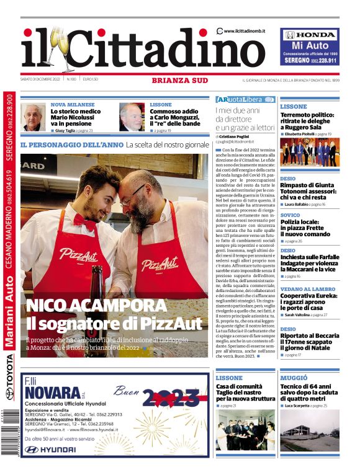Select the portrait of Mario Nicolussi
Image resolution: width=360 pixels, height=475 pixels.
(33, 117)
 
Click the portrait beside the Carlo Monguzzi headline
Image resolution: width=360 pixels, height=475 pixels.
(131, 117)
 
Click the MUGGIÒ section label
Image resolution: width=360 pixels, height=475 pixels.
(294, 378)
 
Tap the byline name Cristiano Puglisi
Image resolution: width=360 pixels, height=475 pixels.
(234, 136)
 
